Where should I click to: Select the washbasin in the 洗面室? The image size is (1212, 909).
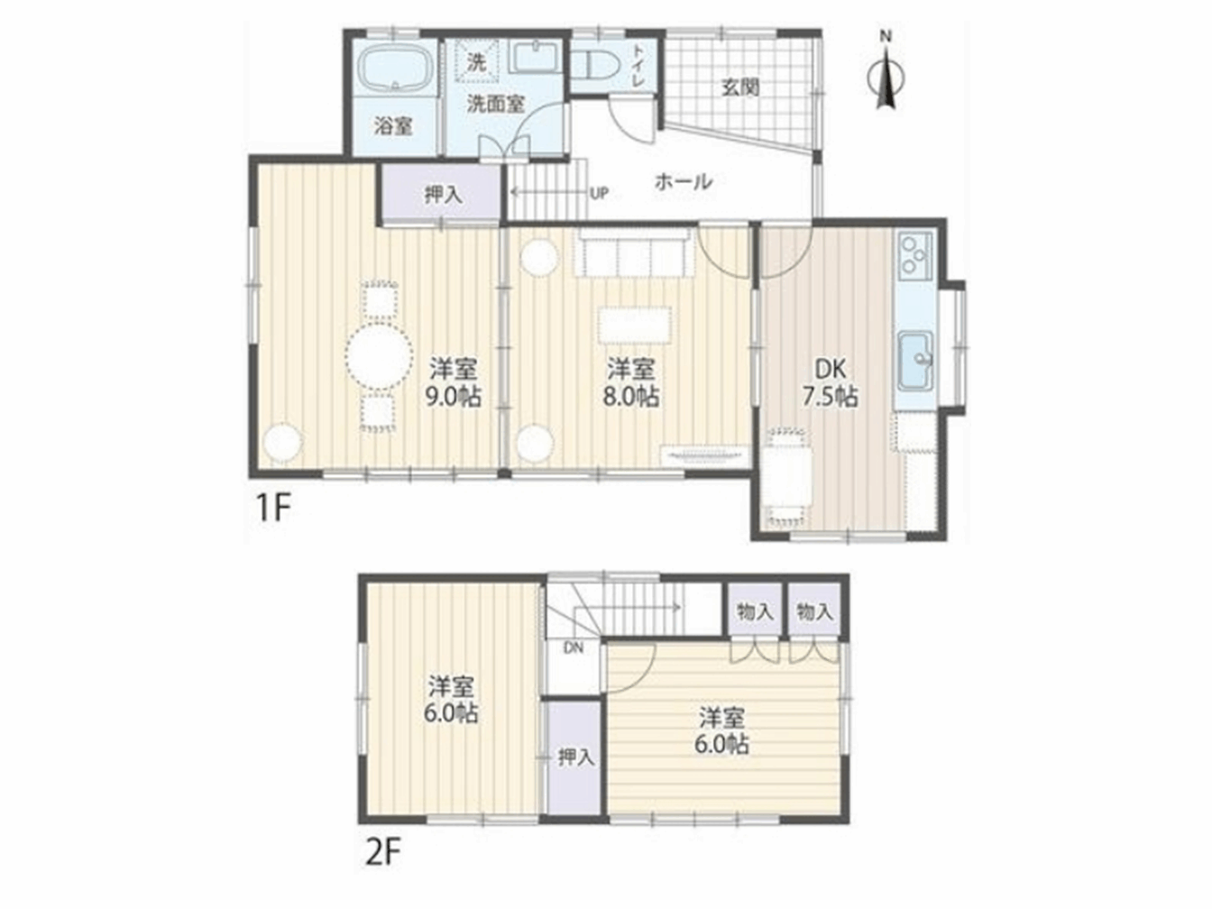click(x=536, y=58)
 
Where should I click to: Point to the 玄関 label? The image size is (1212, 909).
click(x=740, y=87)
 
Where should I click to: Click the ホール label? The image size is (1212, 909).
click(x=683, y=181)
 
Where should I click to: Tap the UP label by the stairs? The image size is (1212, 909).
click(x=599, y=193)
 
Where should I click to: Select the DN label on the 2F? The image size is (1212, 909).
click(x=574, y=648)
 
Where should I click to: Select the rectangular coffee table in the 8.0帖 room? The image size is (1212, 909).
click(x=634, y=326)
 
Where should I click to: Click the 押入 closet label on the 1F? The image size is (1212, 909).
click(x=443, y=195)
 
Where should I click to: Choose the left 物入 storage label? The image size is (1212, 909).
click(x=755, y=611)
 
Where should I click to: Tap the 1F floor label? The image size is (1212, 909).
click(x=272, y=508)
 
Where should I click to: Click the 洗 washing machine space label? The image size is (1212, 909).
click(x=476, y=62)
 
